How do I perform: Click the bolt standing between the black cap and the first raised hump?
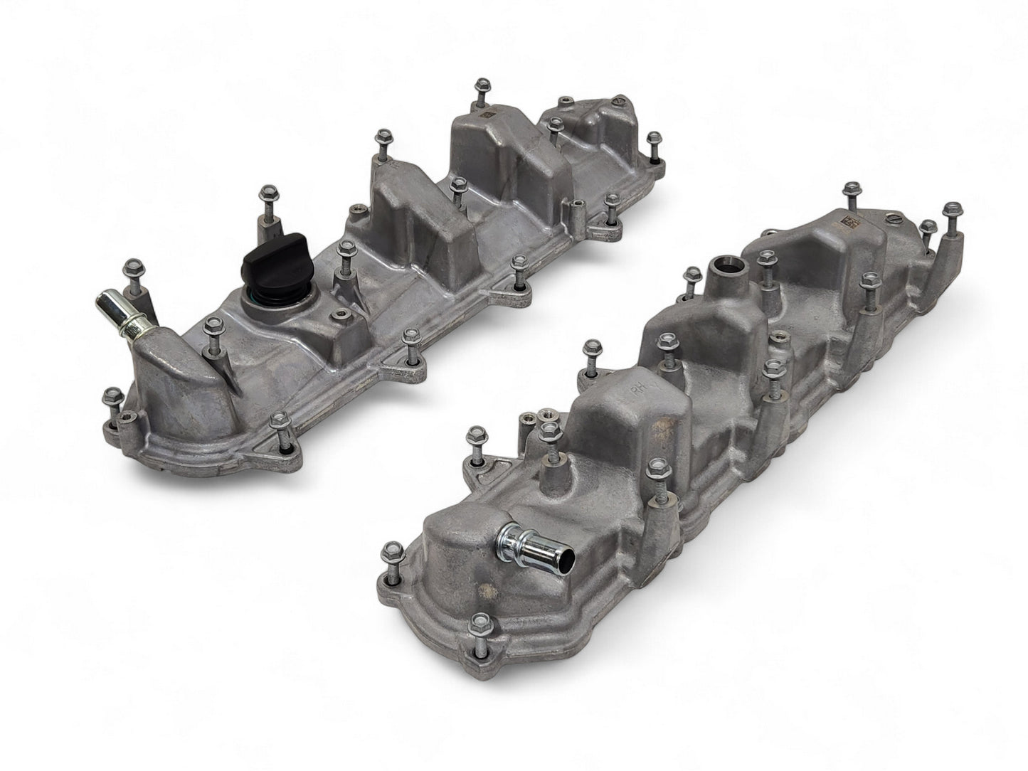tap(346, 247)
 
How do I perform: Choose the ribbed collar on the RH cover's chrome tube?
tap(514, 533)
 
